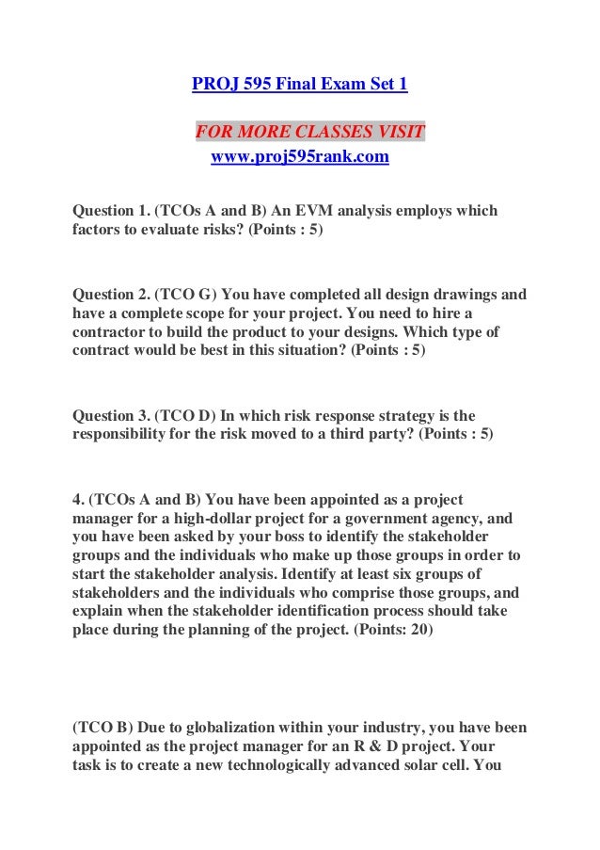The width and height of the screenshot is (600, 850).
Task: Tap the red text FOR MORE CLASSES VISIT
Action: pyautogui.click(x=310, y=130)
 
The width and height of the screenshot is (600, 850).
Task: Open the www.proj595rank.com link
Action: pyautogui.click(x=299, y=157)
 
